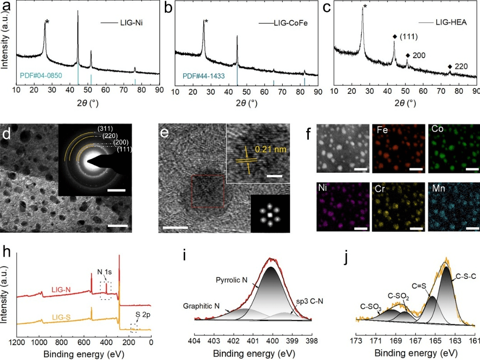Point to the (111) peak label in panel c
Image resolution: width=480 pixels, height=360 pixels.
[414, 36]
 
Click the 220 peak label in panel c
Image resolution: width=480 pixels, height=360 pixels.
[461, 66]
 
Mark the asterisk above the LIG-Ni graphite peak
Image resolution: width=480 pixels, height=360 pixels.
[47, 22]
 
